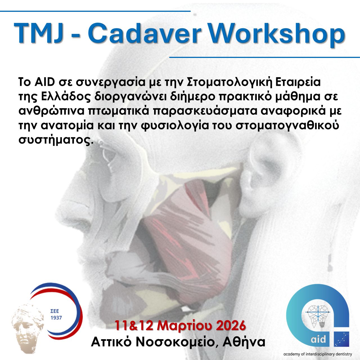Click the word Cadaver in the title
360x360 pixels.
[144, 33]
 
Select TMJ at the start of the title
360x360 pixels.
[38, 33]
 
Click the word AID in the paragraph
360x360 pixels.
[44, 82]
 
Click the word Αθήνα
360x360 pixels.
[244, 342]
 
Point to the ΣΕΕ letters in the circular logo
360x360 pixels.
[55, 311]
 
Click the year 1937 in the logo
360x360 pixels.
[56, 318]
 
